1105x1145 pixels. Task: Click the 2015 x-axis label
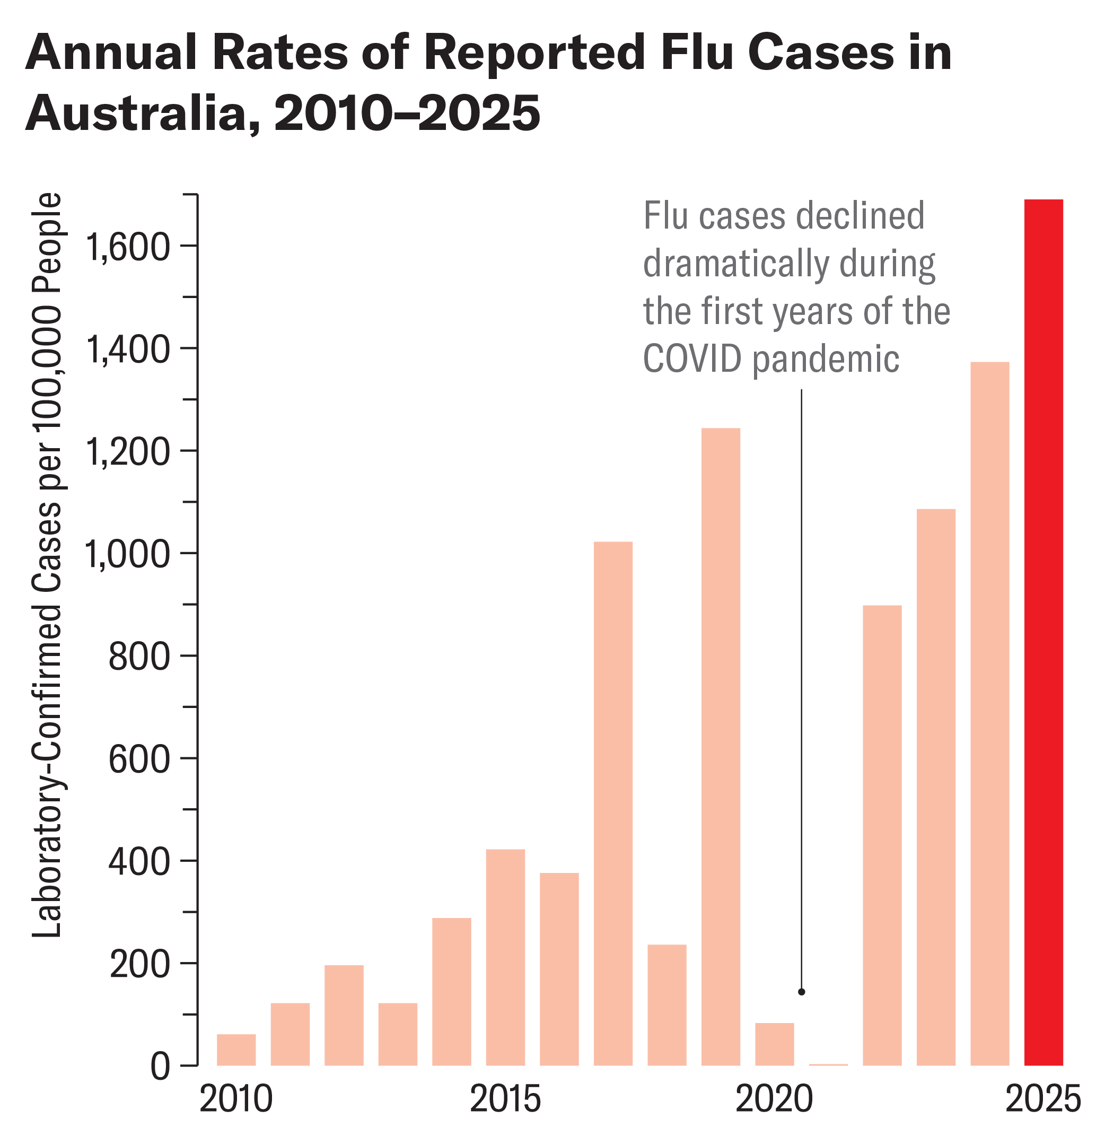pos(505,1101)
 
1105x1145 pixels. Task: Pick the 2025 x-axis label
pos(1043,1101)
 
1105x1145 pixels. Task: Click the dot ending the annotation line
pos(801,992)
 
